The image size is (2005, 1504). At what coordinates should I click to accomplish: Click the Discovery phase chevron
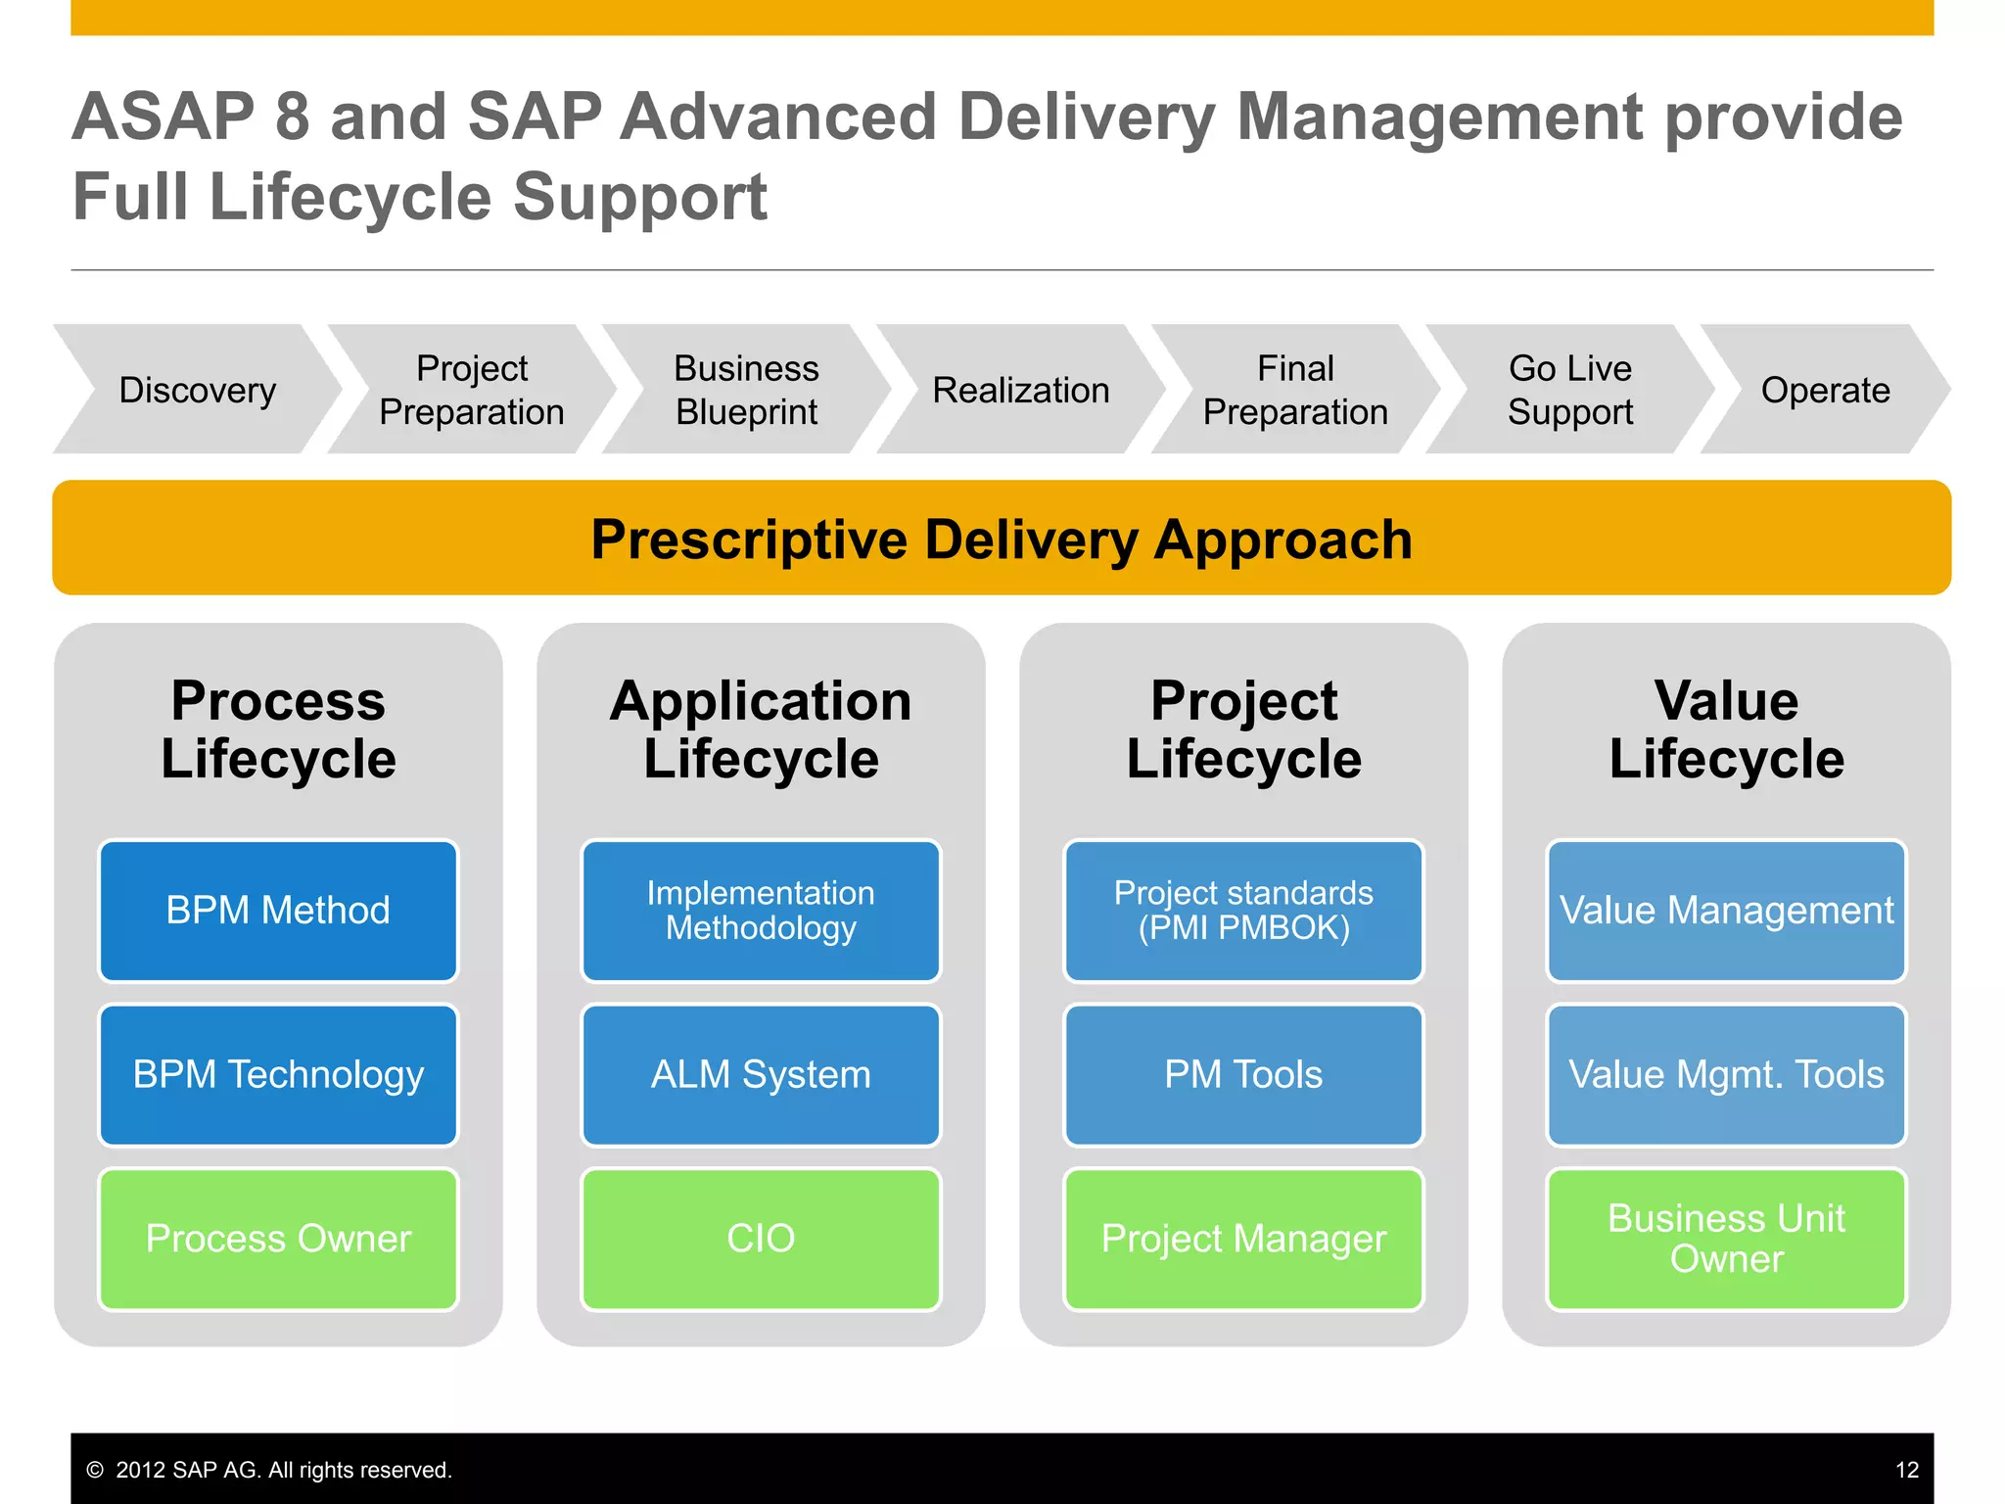coord(197,390)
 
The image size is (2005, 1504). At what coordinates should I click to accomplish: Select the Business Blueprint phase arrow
coord(746,390)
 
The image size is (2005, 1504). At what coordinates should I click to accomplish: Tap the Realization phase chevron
coord(1020,390)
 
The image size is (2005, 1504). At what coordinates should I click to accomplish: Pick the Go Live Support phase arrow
coord(1569,390)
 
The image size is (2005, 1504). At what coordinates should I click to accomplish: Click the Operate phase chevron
coord(1825,390)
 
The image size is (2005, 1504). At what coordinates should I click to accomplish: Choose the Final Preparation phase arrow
coord(1295,390)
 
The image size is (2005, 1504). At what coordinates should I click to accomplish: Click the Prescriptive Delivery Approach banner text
coord(1002,540)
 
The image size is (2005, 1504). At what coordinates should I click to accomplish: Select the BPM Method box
coord(278,911)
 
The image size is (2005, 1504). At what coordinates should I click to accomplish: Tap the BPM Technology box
coord(278,1074)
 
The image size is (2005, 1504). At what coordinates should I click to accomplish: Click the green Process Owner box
coord(278,1239)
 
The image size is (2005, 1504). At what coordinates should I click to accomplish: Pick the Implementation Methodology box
coord(761,911)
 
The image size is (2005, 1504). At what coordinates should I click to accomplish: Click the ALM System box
coord(761,1074)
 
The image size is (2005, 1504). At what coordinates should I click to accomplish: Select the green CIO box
coord(761,1239)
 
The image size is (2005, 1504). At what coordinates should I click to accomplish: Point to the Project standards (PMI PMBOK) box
coord(1243,911)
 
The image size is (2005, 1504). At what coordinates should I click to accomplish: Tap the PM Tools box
coord(1243,1074)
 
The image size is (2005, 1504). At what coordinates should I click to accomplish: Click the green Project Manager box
coord(1243,1239)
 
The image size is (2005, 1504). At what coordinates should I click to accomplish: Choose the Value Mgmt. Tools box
coord(1726,1074)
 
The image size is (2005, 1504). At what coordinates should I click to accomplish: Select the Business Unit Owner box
coord(1726,1239)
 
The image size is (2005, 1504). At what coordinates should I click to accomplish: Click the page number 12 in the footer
coord(1906,1470)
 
